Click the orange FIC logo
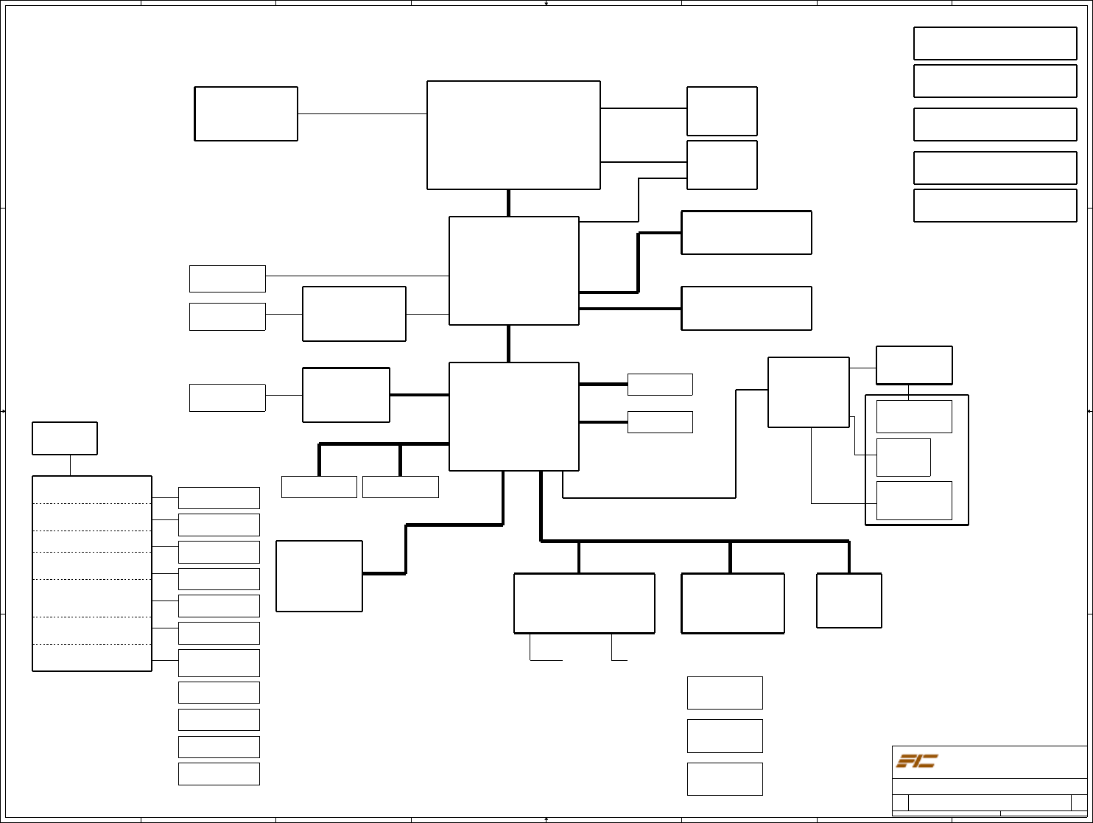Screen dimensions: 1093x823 916,761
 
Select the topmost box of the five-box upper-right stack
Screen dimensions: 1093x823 995,43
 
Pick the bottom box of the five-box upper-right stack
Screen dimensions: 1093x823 995,206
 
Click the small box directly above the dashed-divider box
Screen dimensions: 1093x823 65,438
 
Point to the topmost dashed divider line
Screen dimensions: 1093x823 92,504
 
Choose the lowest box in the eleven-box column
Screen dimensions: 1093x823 219,774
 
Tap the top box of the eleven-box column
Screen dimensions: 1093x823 219,498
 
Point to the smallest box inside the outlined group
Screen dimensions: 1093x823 903,458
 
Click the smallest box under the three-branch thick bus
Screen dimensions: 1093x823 849,600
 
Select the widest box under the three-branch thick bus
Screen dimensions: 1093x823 584,603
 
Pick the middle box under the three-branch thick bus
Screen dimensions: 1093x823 733,603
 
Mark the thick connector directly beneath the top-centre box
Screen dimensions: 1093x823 508,203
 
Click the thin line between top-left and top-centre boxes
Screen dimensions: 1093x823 362,114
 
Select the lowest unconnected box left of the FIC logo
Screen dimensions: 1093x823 725,779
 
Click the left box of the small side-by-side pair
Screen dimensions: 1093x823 319,487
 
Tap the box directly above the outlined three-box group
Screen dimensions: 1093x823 914,365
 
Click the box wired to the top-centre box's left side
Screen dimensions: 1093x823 246,113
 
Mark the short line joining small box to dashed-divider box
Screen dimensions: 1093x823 70,466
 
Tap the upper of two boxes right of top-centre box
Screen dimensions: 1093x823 722,111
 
